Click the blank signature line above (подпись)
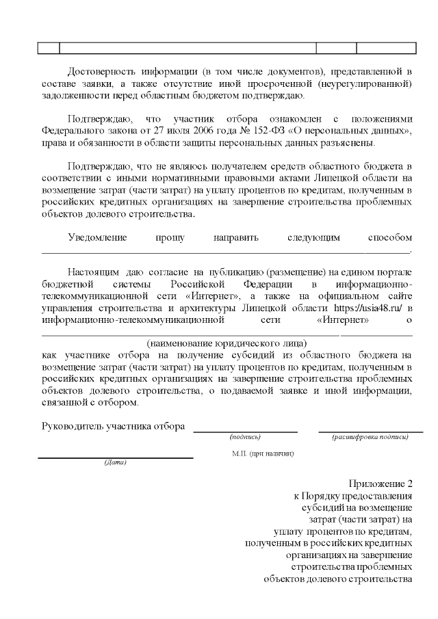pyautogui.click(x=246, y=432)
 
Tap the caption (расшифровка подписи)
pyautogui.click(x=370, y=436)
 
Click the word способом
pyautogui.click(x=389, y=237)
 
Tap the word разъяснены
pyautogui.click(x=346, y=143)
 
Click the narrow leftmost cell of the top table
pyautogui.click(x=48, y=48)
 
